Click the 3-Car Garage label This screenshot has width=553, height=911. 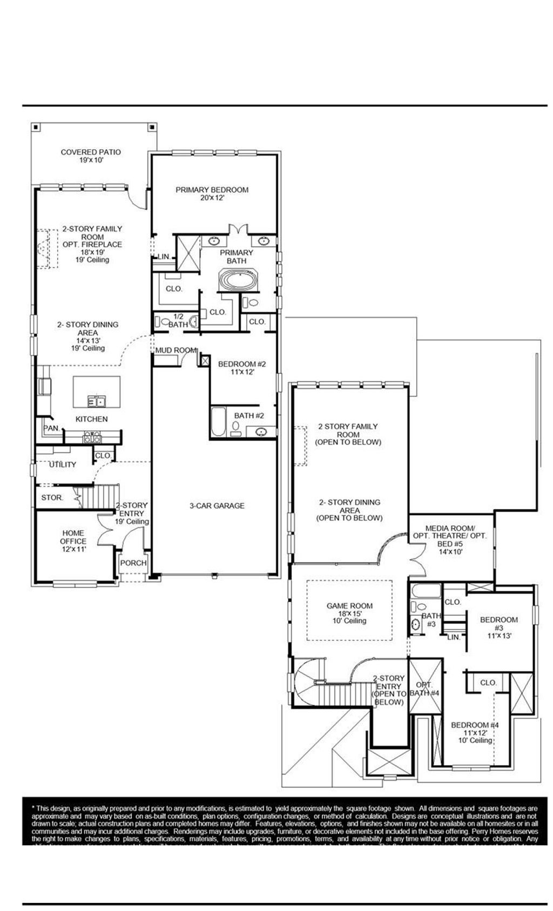coord(217,505)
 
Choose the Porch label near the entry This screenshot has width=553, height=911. coord(133,563)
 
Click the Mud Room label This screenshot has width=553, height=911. coord(175,350)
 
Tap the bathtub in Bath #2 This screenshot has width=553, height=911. coord(218,422)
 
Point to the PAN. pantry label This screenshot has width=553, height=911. coord(51,428)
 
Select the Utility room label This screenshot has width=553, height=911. coord(63,464)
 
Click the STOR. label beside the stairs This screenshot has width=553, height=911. coord(52,497)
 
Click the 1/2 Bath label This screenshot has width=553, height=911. coord(178,321)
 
